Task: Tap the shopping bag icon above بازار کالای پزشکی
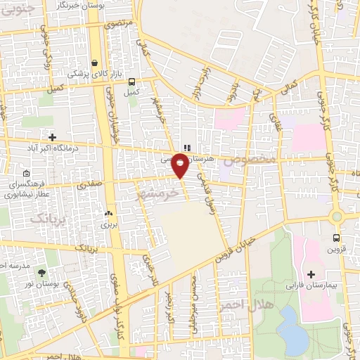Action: click(94, 63)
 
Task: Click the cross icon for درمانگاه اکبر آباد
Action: click(51, 136)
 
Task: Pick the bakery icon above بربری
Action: click(108, 213)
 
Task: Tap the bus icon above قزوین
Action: click(337, 238)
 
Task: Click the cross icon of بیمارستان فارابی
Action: click(311, 273)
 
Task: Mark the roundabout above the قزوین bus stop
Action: click(337, 217)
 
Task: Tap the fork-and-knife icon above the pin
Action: click(186, 148)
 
